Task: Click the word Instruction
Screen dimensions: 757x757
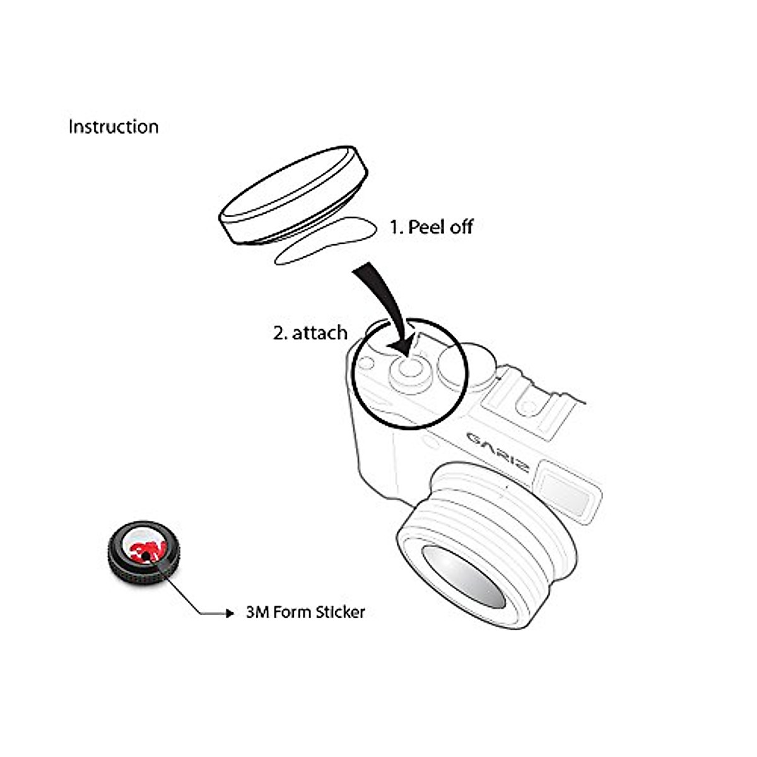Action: pos(114,127)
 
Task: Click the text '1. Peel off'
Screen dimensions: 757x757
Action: pos(431,227)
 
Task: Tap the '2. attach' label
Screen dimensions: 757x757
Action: pos(310,332)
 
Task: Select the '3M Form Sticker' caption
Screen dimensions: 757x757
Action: pos(305,612)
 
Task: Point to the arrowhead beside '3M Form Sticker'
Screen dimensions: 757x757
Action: pos(230,613)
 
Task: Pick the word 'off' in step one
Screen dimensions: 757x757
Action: pos(461,227)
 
